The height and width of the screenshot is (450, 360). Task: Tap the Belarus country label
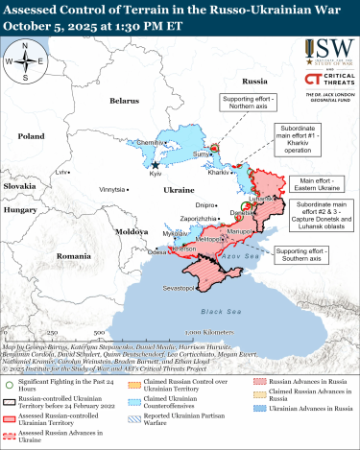(124, 100)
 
